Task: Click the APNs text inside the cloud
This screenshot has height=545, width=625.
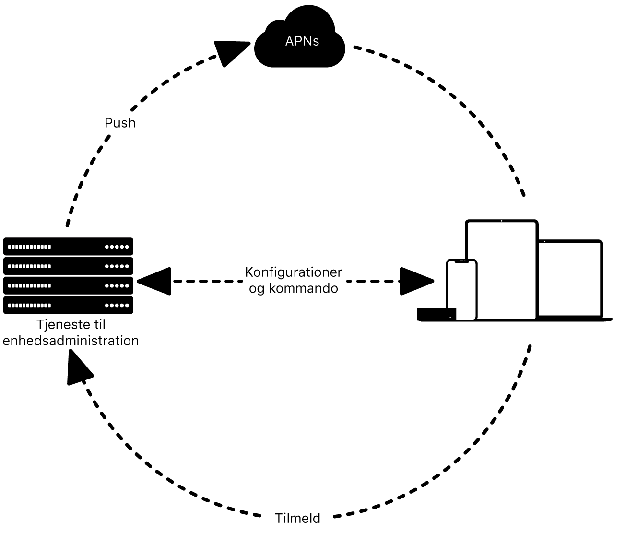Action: [x=302, y=41]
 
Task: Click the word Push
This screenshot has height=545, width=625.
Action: [x=120, y=123]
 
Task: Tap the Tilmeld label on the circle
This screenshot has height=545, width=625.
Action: [x=297, y=519]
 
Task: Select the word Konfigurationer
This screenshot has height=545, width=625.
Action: [x=293, y=272]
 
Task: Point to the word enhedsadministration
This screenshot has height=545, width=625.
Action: [x=71, y=341]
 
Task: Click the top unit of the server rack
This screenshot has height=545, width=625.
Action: [x=68, y=247]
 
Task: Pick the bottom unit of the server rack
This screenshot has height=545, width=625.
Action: [x=68, y=305]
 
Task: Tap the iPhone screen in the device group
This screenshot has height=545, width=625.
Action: [x=461, y=290]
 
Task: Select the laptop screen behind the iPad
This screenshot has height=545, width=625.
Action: [x=569, y=278]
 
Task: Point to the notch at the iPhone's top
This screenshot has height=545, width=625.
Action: [x=461, y=261]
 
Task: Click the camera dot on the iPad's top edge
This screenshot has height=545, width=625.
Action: [x=502, y=221]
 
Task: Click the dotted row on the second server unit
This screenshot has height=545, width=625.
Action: [x=30, y=266]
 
